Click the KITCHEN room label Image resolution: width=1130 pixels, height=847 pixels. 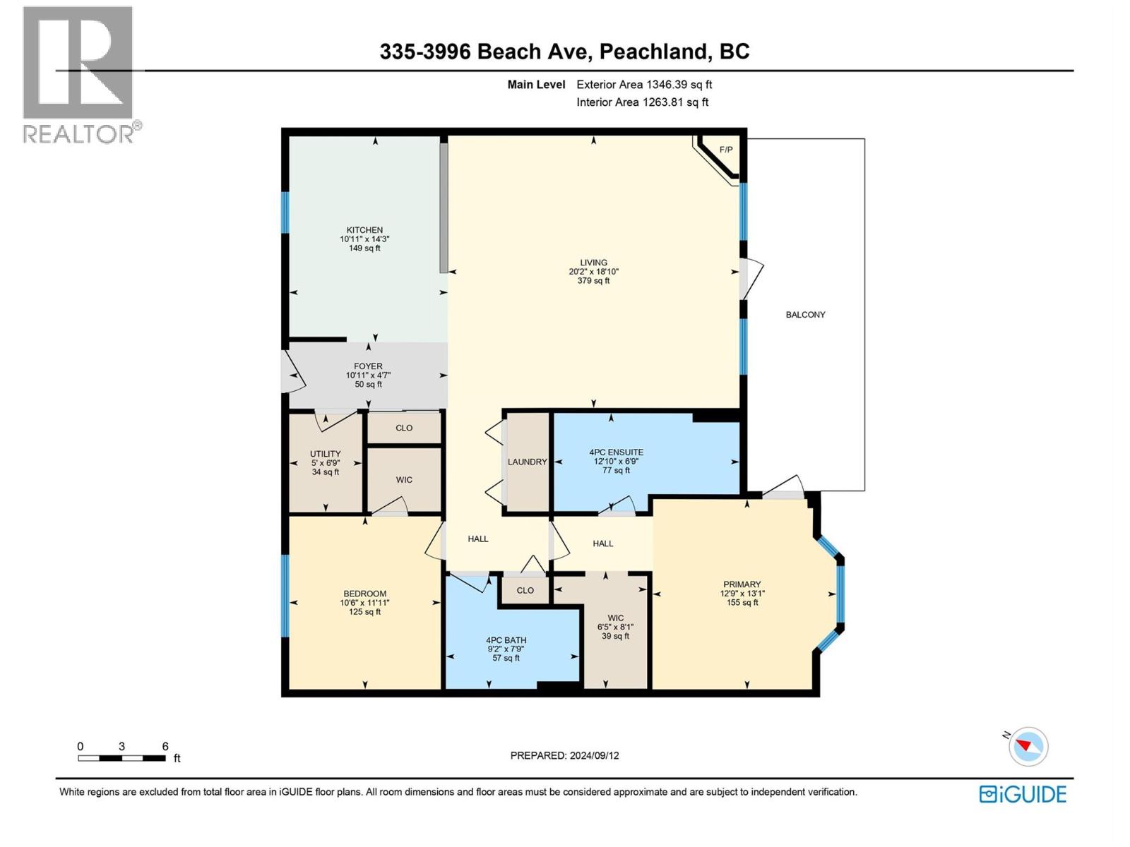pyautogui.click(x=364, y=230)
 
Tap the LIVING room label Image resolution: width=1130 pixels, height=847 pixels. pyautogui.click(x=593, y=263)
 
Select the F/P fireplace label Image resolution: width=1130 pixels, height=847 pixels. pyautogui.click(x=725, y=150)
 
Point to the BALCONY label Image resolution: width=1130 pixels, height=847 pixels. pyautogui.click(x=805, y=315)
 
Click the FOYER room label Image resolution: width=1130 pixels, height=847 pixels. pyautogui.click(x=368, y=366)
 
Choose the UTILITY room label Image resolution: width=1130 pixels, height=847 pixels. pyautogui.click(x=325, y=454)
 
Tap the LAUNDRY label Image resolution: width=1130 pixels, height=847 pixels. pyautogui.click(x=527, y=462)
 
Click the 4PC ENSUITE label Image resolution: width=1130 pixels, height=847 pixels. pyautogui.click(x=616, y=452)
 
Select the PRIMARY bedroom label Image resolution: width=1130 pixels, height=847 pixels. pyautogui.click(x=742, y=584)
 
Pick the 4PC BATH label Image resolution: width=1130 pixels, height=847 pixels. pyautogui.click(x=506, y=640)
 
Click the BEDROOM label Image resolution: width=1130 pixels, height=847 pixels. pyautogui.click(x=364, y=594)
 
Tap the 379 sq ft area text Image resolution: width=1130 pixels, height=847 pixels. pyautogui.click(x=593, y=281)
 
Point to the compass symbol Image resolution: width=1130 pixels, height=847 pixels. pyautogui.click(x=1028, y=746)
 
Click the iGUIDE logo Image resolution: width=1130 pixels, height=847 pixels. pyautogui.click(x=1022, y=794)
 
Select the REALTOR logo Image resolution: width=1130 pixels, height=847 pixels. pyautogui.click(x=79, y=74)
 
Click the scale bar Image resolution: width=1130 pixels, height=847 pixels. pyautogui.click(x=121, y=758)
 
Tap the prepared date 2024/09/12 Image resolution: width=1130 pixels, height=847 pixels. pyautogui.click(x=564, y=755)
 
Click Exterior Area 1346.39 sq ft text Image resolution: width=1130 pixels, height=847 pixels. pyautogui.click(x=643, y=85)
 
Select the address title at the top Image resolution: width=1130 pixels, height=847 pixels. pyautogui.click(x=564, y=52)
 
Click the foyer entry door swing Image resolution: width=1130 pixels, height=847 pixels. pyautogui.click(x=293, y=372)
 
